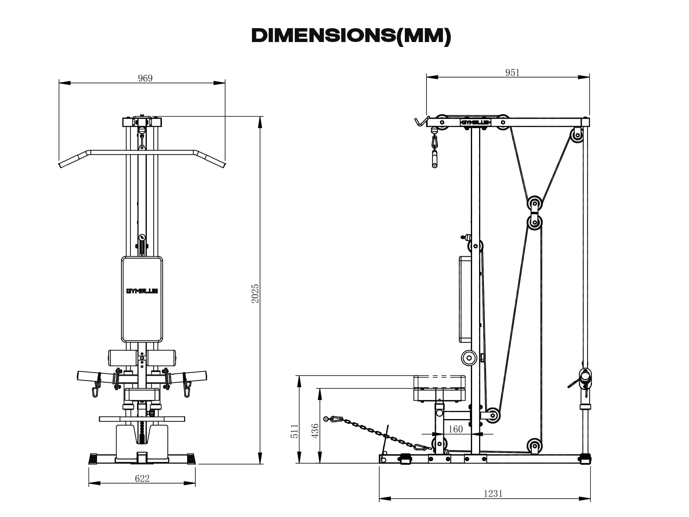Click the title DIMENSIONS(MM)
351,36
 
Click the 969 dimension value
145,78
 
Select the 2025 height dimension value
255,293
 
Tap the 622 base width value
142,478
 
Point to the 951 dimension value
512,72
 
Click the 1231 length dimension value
493,493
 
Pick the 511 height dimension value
294,431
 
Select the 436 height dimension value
315,431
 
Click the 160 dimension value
455,429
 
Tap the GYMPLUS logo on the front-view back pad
142,291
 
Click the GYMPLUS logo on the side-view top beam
475,122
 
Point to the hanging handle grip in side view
435,159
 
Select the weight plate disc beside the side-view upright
469,358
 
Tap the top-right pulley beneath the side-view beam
576,135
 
